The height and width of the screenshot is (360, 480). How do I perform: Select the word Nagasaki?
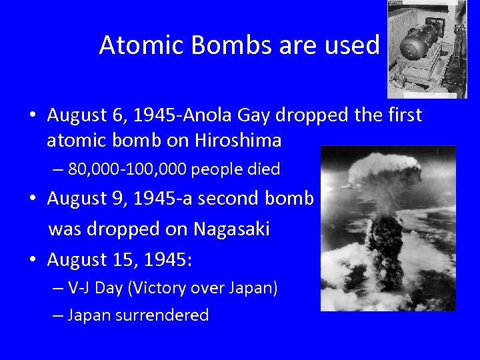(x=231, y=229)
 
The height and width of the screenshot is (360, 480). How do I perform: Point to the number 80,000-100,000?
(x=128, y=169)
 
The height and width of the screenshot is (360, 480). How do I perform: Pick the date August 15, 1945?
(x=119, y=259)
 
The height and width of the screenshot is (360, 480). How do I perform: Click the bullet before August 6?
(x=32, y=116)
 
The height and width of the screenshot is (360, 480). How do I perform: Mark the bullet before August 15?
(x=32, y=260)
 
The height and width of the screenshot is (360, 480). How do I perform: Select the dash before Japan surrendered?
(x=58, y=315)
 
